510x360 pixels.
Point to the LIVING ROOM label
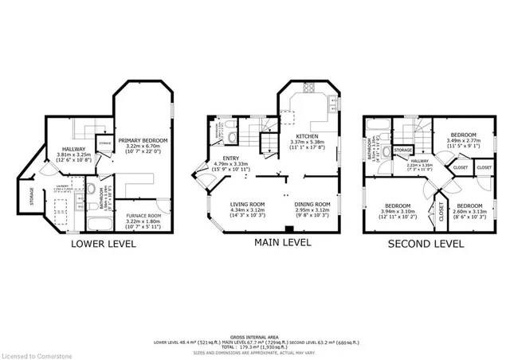(x=247, y=204)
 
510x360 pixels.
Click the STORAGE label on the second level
(x=403, y=149)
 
